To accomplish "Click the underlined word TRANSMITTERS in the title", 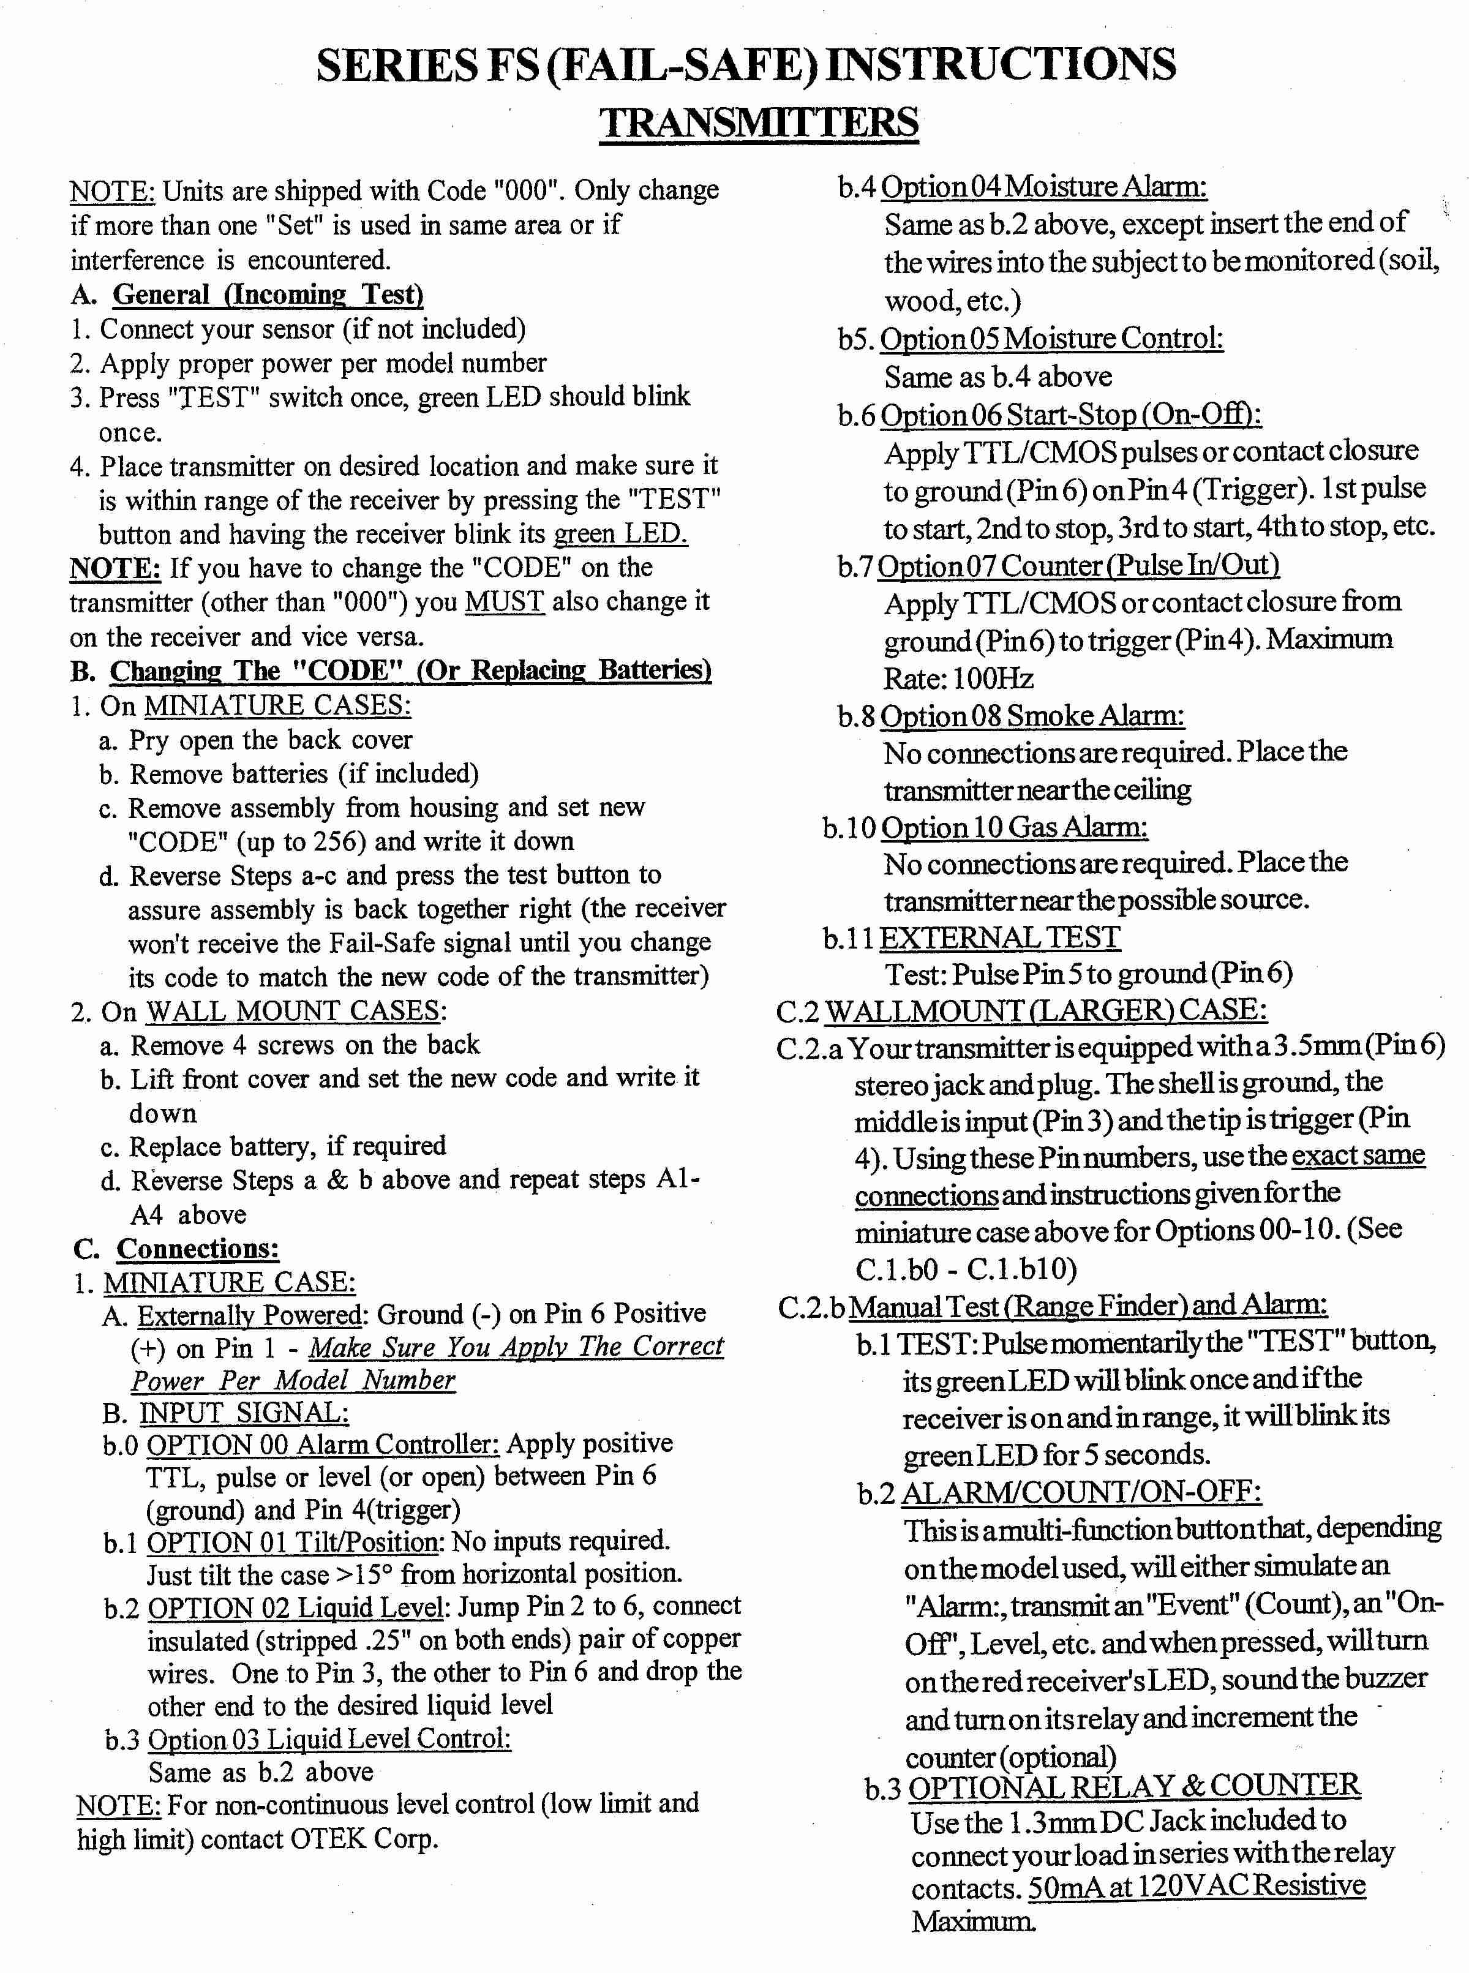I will pyautogui.click(x=759, y=122).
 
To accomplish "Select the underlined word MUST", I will pyautogui.click(x=503, y=602).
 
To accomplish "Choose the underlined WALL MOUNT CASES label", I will pyautogui.click(x=293, y=1011).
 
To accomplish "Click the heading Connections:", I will pyautogui.click(x=197, y=1249).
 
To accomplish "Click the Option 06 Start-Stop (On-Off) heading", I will pyautogui.click(x=1070, y=415).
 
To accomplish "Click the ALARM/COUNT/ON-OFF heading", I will pyautogui.click(x=1081, y=1492).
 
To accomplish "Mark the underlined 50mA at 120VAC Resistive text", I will pyautogui.click(x=1196, y=1885).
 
